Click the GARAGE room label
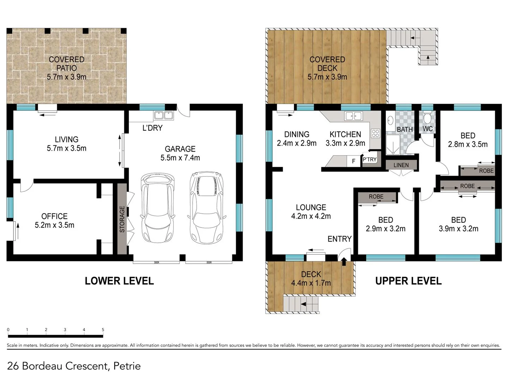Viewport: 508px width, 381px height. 180,149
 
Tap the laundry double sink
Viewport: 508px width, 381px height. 164,115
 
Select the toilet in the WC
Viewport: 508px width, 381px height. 427,118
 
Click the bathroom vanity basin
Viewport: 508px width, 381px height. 390,120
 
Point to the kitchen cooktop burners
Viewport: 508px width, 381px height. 375,133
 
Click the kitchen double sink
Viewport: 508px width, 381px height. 353,116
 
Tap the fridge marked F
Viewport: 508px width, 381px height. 353,161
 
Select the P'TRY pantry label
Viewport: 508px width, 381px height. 370,159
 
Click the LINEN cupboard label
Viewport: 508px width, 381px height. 401,165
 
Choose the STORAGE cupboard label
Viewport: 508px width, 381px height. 122,219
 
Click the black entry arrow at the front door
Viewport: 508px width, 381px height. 344,261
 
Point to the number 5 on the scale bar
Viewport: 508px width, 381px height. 103,329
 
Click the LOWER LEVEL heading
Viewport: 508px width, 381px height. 119,281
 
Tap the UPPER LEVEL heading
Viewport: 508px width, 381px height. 409,281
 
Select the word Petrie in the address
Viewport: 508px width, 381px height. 127,366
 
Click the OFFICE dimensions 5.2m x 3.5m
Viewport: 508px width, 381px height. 54,225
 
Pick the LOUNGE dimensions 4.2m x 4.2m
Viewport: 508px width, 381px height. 311,216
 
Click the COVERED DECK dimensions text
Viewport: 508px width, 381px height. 327,77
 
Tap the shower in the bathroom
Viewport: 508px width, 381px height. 393,145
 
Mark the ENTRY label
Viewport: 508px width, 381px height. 339,239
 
